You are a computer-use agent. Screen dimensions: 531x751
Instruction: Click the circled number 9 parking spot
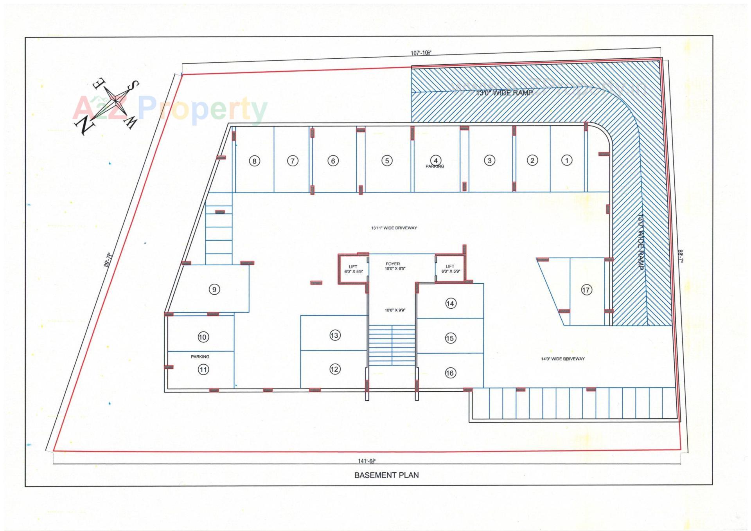click(x=214, y=290)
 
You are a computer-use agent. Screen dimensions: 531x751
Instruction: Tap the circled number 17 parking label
click(x=586, y=290)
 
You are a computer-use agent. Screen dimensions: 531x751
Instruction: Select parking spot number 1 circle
click(x=567, y=160)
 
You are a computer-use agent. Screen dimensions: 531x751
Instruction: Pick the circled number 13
click(x=334, y=335)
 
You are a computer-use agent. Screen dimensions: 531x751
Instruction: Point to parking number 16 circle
click(x=450, y=373)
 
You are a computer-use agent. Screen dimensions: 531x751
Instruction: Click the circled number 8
click(x=254, y=161)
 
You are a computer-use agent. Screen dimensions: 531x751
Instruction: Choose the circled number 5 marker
click(x=387, y=160)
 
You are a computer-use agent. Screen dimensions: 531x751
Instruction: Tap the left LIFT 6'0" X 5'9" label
click(x=353, y=269)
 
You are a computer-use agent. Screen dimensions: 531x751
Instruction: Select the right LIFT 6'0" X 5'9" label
click(x=450, y=269)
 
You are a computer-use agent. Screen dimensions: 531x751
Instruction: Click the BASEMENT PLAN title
click(x=386, y=475)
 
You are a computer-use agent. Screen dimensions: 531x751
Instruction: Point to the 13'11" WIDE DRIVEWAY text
click(x=394, y=228)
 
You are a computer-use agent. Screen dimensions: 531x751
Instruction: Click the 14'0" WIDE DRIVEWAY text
click(x=562, y=359)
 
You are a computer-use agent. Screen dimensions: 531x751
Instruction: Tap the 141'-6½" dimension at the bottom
click(x=367, y=461)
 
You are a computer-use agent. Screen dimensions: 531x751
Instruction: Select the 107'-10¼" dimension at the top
click(x=421, y=53)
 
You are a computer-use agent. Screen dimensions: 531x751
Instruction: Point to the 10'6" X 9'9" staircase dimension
click(x=395, y=310)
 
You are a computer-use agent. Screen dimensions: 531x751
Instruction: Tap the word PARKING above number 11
click(x=200, y=356)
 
